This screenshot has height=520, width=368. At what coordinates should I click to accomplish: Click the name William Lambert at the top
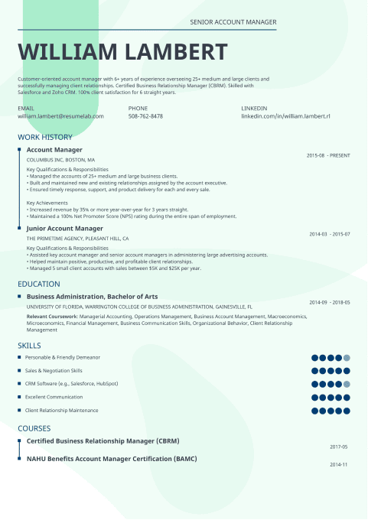(x=122, y=52)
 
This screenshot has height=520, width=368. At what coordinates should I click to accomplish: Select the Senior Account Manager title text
(x=233, y=23)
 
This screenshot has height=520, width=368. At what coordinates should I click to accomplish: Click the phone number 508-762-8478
(x=145, y=116)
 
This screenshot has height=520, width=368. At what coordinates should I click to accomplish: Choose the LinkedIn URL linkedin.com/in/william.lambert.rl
(x=285, y=116)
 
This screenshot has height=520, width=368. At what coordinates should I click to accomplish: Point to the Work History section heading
(x=45, y=137)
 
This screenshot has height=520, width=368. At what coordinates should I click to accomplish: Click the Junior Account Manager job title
(x=64, y=228)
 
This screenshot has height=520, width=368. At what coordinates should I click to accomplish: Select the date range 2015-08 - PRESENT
(x=328, y=155)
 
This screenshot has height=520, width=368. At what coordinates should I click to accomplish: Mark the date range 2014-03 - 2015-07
(x=330, y=234)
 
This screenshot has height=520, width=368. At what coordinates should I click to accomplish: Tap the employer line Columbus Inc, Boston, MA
(x=60, y=160)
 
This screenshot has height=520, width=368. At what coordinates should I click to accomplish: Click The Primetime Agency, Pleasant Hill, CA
(x=77, y=239)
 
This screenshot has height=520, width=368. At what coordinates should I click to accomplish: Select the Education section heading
(x=39, y=284)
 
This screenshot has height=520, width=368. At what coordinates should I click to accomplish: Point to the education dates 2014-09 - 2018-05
(x=330, y=302)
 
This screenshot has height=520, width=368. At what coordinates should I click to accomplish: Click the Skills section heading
(x=30, y=346)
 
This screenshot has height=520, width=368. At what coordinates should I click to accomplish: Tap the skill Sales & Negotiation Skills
(x=54, y=371)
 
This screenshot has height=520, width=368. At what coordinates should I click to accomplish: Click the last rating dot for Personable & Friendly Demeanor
(x=347, y=358)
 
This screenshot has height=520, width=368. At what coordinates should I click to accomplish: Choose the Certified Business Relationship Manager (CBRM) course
(x=103, y=441)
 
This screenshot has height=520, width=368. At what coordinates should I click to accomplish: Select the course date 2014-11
(x=339, y=464)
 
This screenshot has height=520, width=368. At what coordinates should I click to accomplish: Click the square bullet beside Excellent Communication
(x=19, y=397)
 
